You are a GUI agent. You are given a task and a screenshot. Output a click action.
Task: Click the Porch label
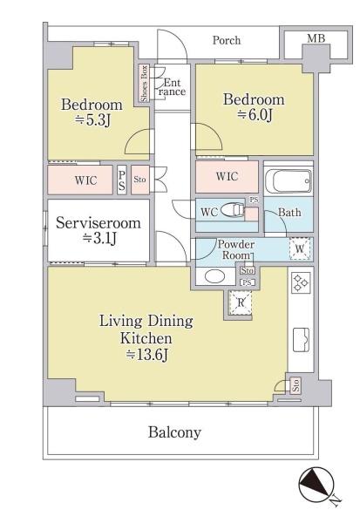pos(227,40)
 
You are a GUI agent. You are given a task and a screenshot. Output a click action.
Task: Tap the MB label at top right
pos(316,38)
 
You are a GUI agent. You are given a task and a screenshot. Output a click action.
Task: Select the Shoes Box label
pos(145,84)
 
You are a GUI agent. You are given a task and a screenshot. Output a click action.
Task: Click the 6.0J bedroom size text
pos(255,115)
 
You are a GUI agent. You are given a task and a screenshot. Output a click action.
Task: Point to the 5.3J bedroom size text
pos(93,120)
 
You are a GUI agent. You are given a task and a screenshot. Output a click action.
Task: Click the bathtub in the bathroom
pos(289,180)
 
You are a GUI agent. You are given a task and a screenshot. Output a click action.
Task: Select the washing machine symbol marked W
pos(300,248)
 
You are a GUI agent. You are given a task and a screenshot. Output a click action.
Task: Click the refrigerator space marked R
pos(241,302)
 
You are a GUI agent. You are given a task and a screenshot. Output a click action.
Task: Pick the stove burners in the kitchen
pos(301,282)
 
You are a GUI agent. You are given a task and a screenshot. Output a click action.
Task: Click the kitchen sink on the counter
pos(301,340)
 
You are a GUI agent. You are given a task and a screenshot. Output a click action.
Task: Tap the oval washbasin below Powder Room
pos(215,276)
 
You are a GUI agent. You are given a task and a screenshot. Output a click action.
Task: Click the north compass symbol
pos(316,485)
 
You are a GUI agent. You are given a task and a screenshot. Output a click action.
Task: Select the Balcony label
pos(175,432)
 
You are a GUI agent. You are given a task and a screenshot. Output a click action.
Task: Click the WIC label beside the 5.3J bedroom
pos(86,180)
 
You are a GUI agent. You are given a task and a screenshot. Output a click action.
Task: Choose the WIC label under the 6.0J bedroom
pos(227,176)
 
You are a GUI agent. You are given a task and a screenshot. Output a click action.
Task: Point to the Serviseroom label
pos(98,223)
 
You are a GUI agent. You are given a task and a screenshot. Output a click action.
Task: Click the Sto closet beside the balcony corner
pos(295,385)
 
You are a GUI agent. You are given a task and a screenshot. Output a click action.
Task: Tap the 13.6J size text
pos(146,356)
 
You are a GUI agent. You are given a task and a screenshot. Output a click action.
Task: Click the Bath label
pos(289,212)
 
